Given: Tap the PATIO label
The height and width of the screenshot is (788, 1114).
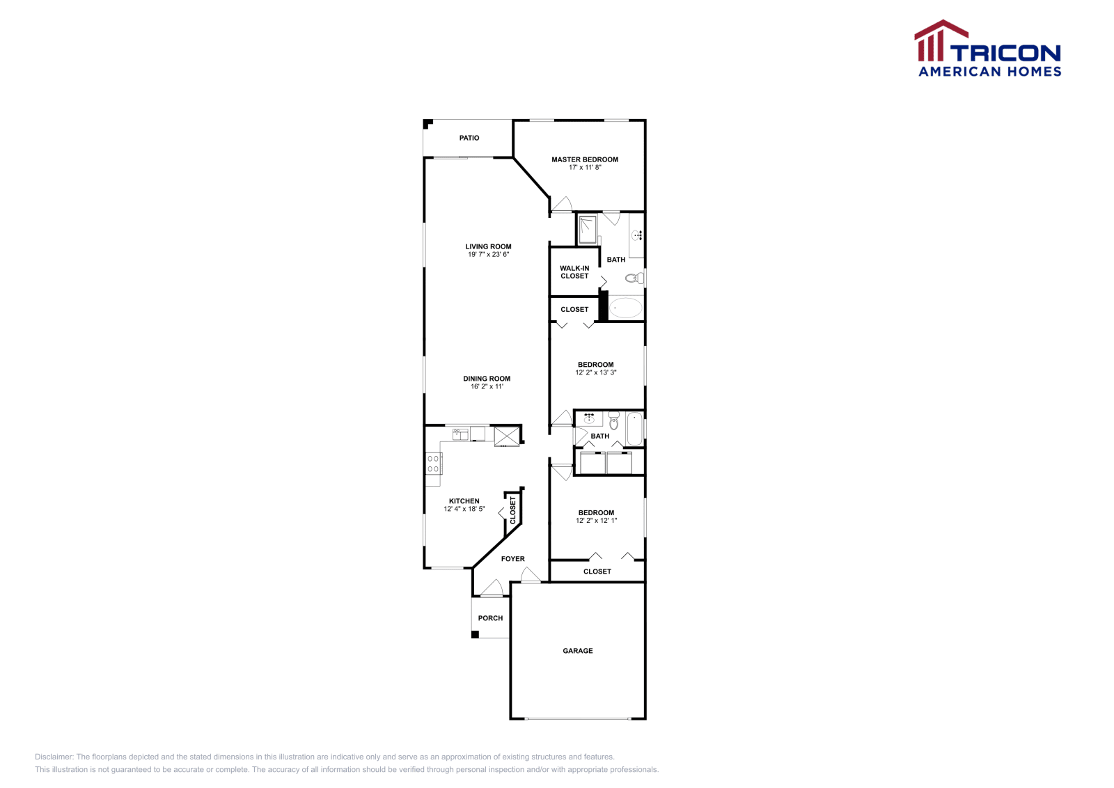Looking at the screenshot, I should tap(469, 138).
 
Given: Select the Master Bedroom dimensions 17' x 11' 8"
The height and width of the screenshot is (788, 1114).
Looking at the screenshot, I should tap(584, 168).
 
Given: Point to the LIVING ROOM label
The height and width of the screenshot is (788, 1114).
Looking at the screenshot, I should tap(488, 246).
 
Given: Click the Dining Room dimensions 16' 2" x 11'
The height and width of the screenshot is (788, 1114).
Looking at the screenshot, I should tap(487, 387).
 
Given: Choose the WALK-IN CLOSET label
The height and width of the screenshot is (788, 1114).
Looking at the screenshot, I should tap(574, 272).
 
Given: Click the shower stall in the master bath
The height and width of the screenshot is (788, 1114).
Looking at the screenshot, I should tap(588, 229).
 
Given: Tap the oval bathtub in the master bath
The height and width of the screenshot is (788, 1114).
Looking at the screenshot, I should tap(626, 308).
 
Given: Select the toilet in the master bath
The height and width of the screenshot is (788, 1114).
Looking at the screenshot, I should tap(634, 278).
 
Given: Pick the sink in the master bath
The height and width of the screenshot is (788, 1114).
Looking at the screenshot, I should tap(637, 235).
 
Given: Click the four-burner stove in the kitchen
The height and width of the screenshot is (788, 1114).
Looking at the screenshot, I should tap(433, 464).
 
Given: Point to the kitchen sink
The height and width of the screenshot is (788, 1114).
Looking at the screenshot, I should tap(460, 434).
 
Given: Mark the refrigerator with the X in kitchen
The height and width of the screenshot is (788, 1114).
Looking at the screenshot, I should tap(507, 436).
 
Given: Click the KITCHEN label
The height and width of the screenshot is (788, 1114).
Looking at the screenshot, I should tap(464, 501).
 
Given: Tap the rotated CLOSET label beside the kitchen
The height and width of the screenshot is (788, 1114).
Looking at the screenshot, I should tap(513, 510).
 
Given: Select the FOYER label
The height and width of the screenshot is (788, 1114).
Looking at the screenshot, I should tap(513, 559).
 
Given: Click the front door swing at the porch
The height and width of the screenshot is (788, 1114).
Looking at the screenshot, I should tap(492, 589).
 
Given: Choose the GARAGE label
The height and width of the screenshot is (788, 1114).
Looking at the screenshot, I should tap(578, 651).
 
